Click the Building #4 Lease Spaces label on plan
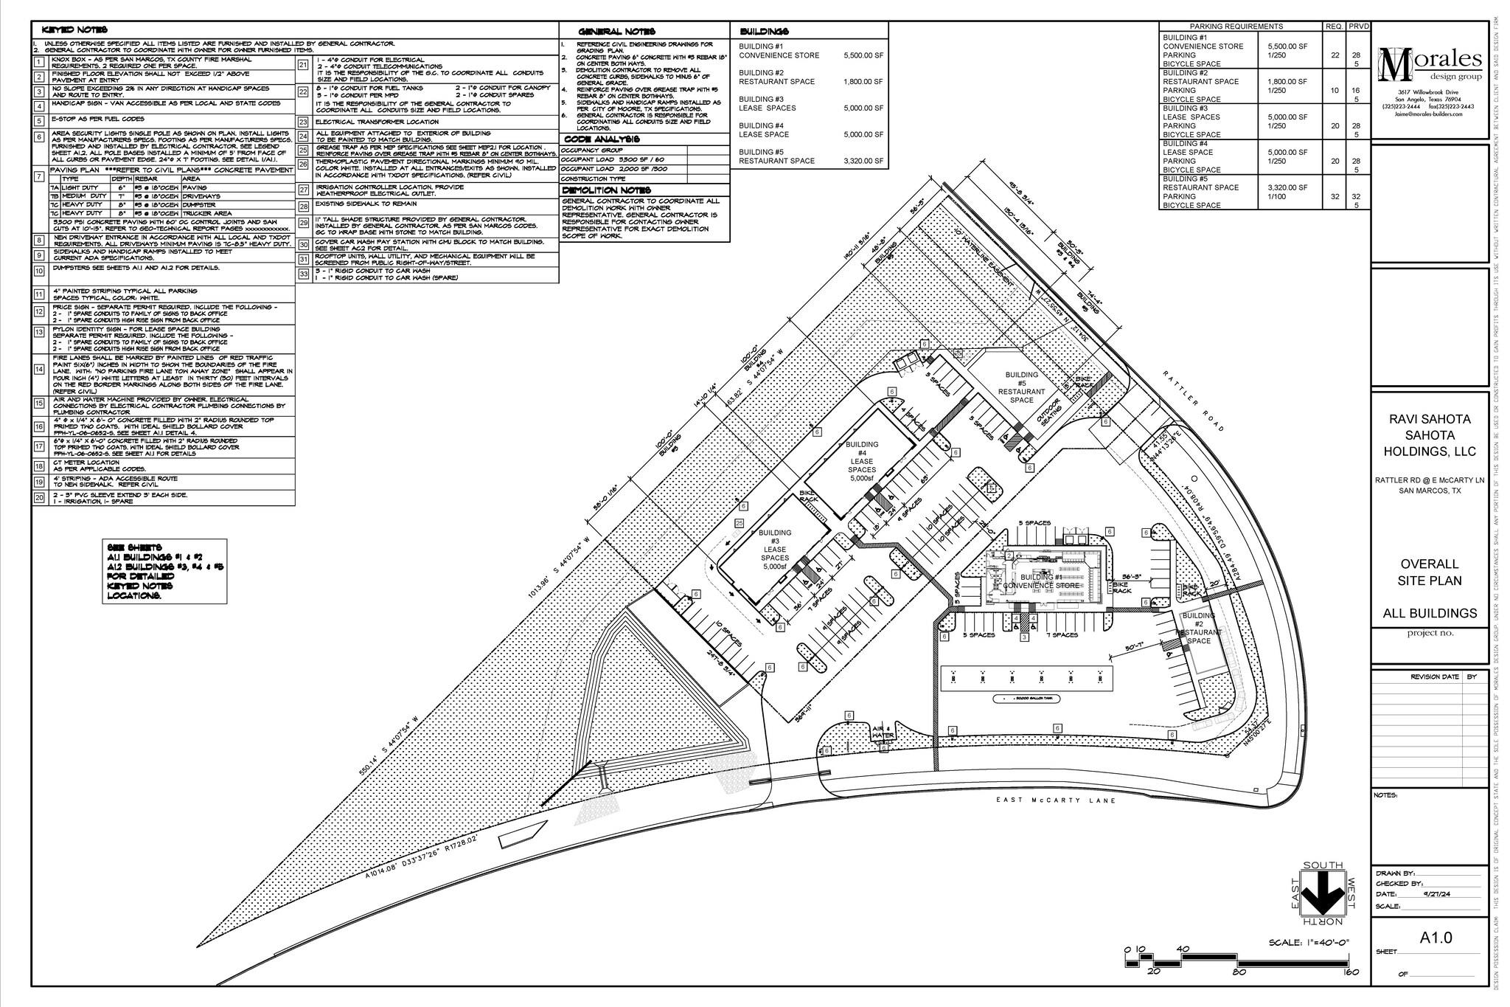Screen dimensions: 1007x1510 point(861,461)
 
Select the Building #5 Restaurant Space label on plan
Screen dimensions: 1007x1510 point(1021,387)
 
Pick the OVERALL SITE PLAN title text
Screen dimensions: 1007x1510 point(1430,572)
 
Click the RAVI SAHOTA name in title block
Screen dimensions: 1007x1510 point(1430,419)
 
